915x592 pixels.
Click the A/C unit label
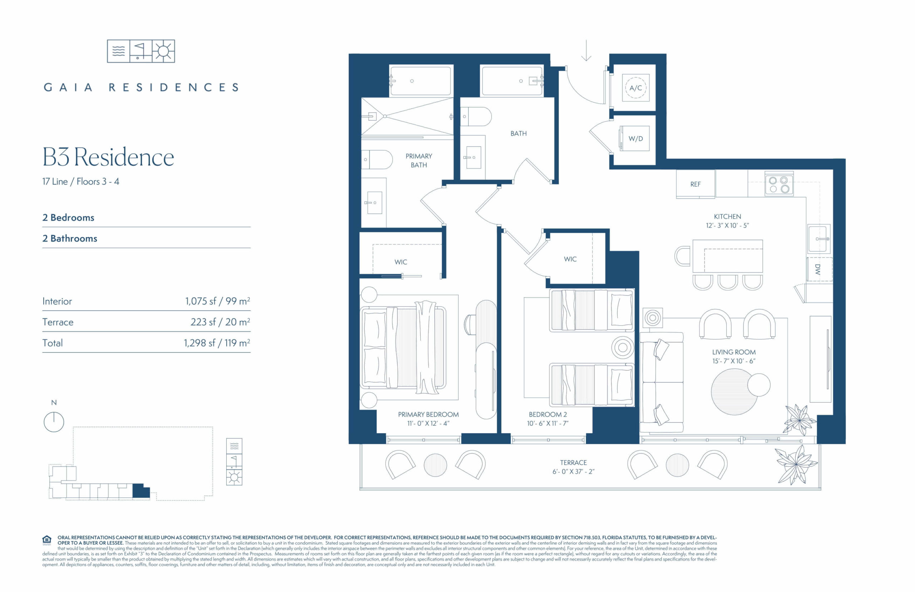click(635, 88)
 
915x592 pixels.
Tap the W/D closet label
click(635, 138)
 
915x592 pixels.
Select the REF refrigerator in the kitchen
click(695, 184)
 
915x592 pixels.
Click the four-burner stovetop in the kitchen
click(778, 184)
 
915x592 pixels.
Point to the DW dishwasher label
click(817, 269)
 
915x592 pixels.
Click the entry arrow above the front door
click(586, 50)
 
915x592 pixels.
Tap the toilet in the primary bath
click(377, 159)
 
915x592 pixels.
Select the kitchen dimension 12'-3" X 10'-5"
click(727, 226)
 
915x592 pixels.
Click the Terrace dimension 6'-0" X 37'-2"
click(573, 471)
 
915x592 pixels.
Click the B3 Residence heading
click(108, 157)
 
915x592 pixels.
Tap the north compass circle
click(54, 422)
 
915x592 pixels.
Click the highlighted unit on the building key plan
click(141, 491)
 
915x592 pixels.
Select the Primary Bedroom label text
click(428, 414)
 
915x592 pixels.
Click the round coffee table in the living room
click(734, 392)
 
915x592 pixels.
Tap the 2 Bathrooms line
click(70, 238)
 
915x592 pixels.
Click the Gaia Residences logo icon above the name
click(141, 51)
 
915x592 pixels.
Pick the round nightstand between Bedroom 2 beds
click(623, 347)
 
